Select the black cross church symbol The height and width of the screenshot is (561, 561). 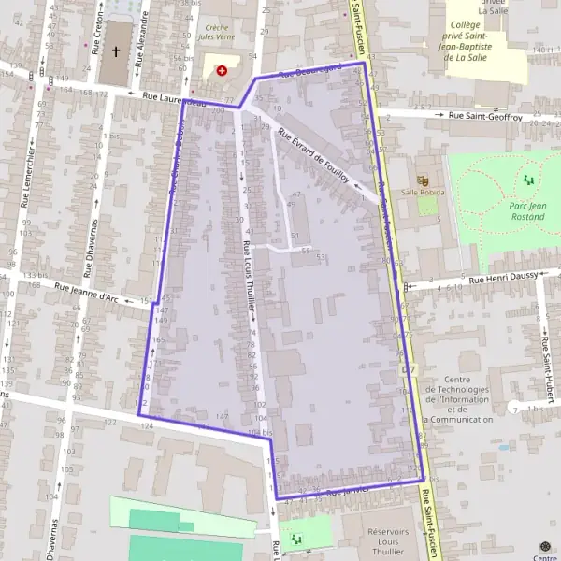pyautogui.click(x=117, y=52)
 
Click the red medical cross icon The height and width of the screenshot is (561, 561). pyautogui.click(x=222, y=70)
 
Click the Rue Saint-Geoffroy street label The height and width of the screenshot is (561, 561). pyautogui.click(x=485, y=116)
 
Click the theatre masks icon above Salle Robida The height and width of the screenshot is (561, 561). pyautogui.click(x=422, y=178)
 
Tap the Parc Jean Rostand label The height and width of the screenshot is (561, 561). pyautogui.click(x=527, y=211)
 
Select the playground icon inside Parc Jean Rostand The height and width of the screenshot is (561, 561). pyautogui.click(x=528, y=179)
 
